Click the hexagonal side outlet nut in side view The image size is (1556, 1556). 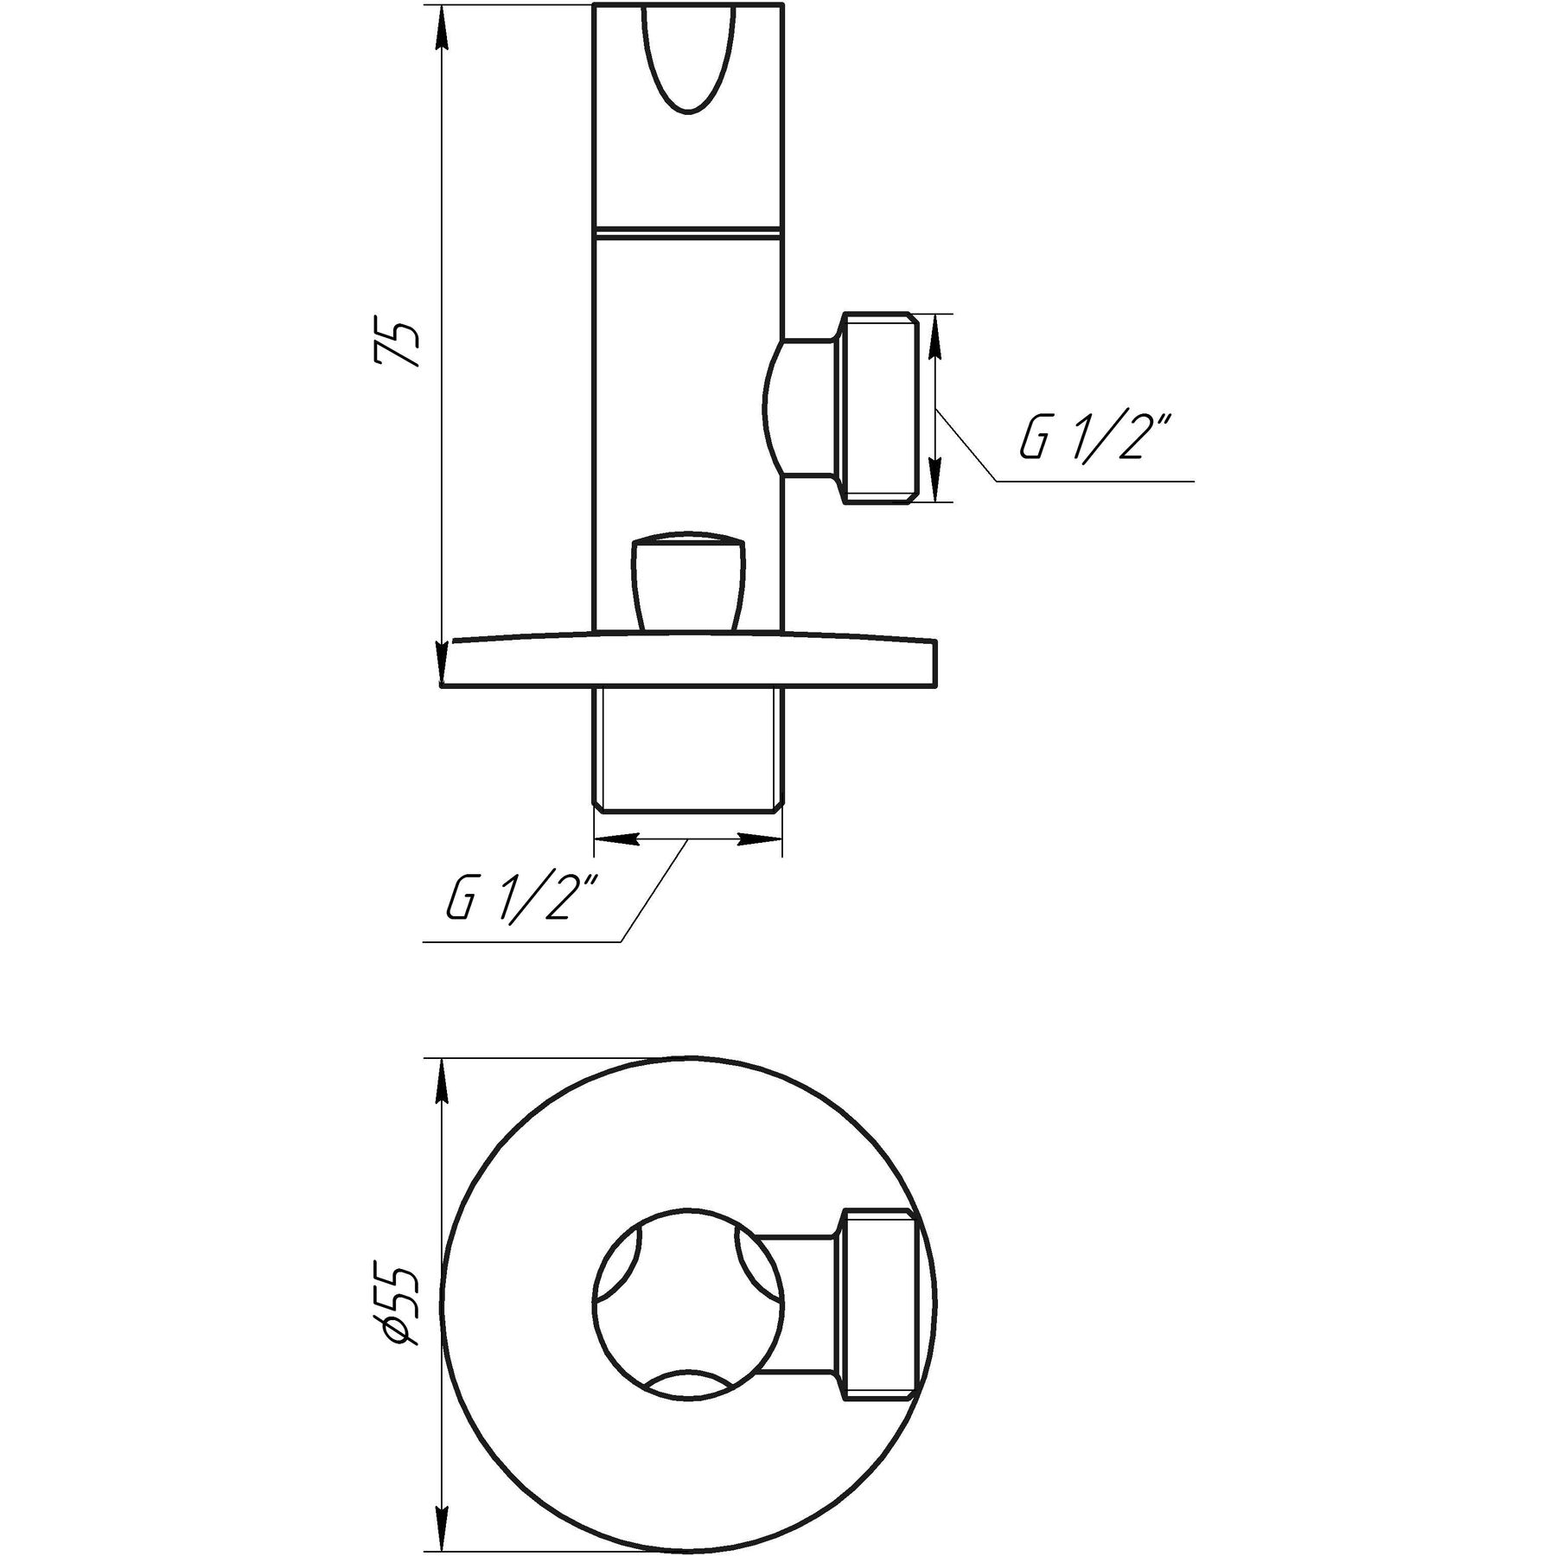(877, 408)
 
